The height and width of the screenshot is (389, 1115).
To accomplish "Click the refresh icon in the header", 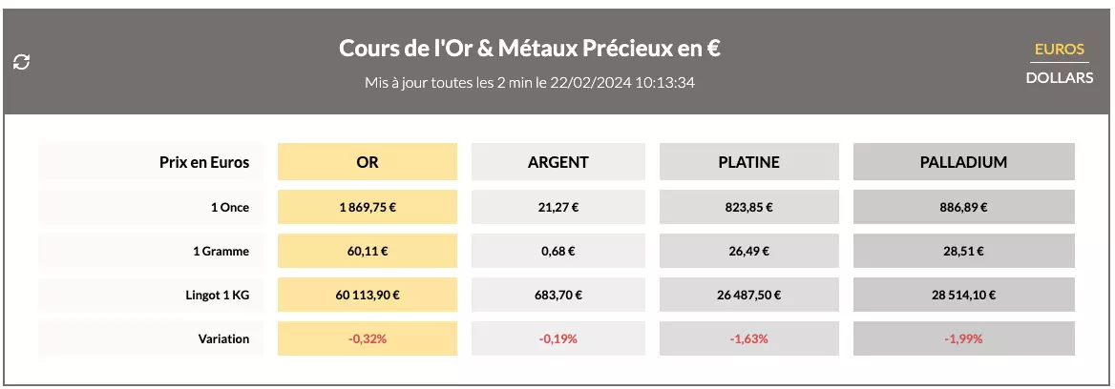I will pyautogui.click(x=22, y=62).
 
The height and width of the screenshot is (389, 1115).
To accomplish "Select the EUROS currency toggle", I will pyautogui.click(x=1060, y=50).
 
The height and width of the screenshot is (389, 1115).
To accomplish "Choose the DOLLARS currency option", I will pyautogui.click(x=1060, y=78).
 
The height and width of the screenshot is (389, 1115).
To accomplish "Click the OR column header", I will pyautogui.click(x=368, y=162).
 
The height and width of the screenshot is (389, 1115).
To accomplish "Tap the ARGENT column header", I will pyautogui.click(x=558, y=162).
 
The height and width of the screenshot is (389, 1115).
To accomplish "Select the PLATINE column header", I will pyautogui.click(x=748, y=162).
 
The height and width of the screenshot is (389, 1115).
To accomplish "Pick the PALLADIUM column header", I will pyautogui.click(x=963, y=162).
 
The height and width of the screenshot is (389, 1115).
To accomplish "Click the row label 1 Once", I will pyautogui.click(x=229, y=207).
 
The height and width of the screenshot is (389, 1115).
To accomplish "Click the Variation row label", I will pyautogui.click(x=224, y=339).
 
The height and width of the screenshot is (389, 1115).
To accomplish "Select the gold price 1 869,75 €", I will pyautogui.click(x=368, y=207).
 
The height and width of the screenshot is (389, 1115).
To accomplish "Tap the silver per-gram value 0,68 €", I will pyautogui.click(x=558, y=252).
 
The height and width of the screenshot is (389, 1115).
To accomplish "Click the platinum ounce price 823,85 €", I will pyautogui.click(x=748, y=207).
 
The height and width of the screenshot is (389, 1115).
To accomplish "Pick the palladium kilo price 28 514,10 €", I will pyautogui.click(x=963, y=296).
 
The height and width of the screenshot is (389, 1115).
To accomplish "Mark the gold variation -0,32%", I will pyautogui.click(x=368, y=339).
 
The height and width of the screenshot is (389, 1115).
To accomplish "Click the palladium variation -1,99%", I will pyautogui.click(x=963, y=339).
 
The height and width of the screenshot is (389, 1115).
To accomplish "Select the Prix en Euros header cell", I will pyautogui.click(x=204, y=162).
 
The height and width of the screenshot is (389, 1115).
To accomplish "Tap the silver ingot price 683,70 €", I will pyautogui.click(x=558, y=296).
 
